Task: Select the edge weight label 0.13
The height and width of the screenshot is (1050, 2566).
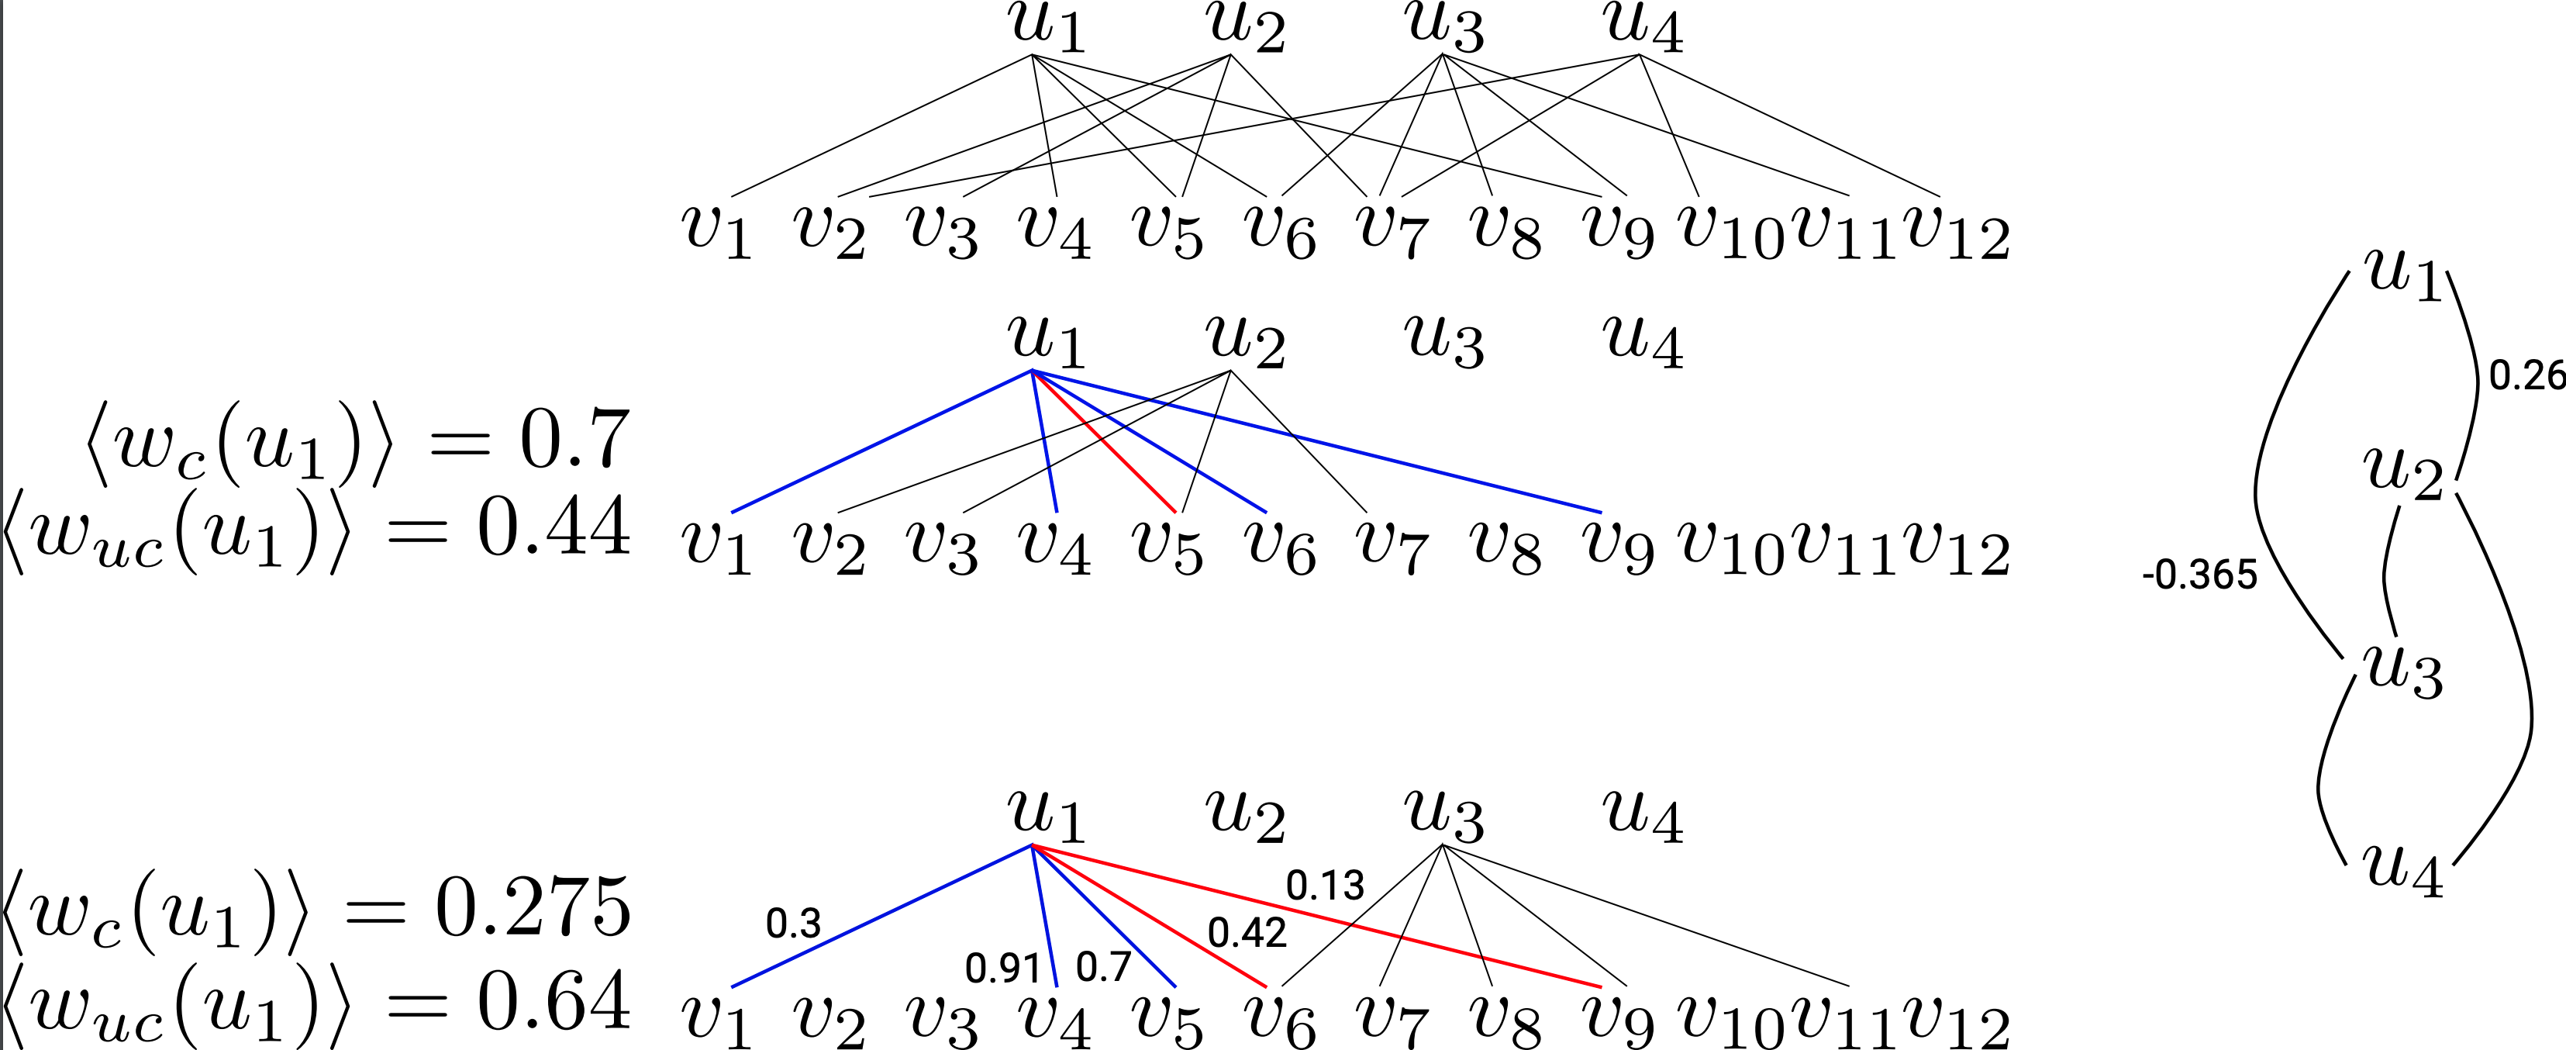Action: coord(1325,885)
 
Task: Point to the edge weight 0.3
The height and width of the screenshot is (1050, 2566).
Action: coord(793,924)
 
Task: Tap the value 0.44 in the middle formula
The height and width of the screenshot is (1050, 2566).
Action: coord(554,527)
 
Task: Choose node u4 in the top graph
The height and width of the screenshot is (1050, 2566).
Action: coord(1643,28)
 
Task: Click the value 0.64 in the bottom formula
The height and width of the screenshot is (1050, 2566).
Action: coord(554,1001)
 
